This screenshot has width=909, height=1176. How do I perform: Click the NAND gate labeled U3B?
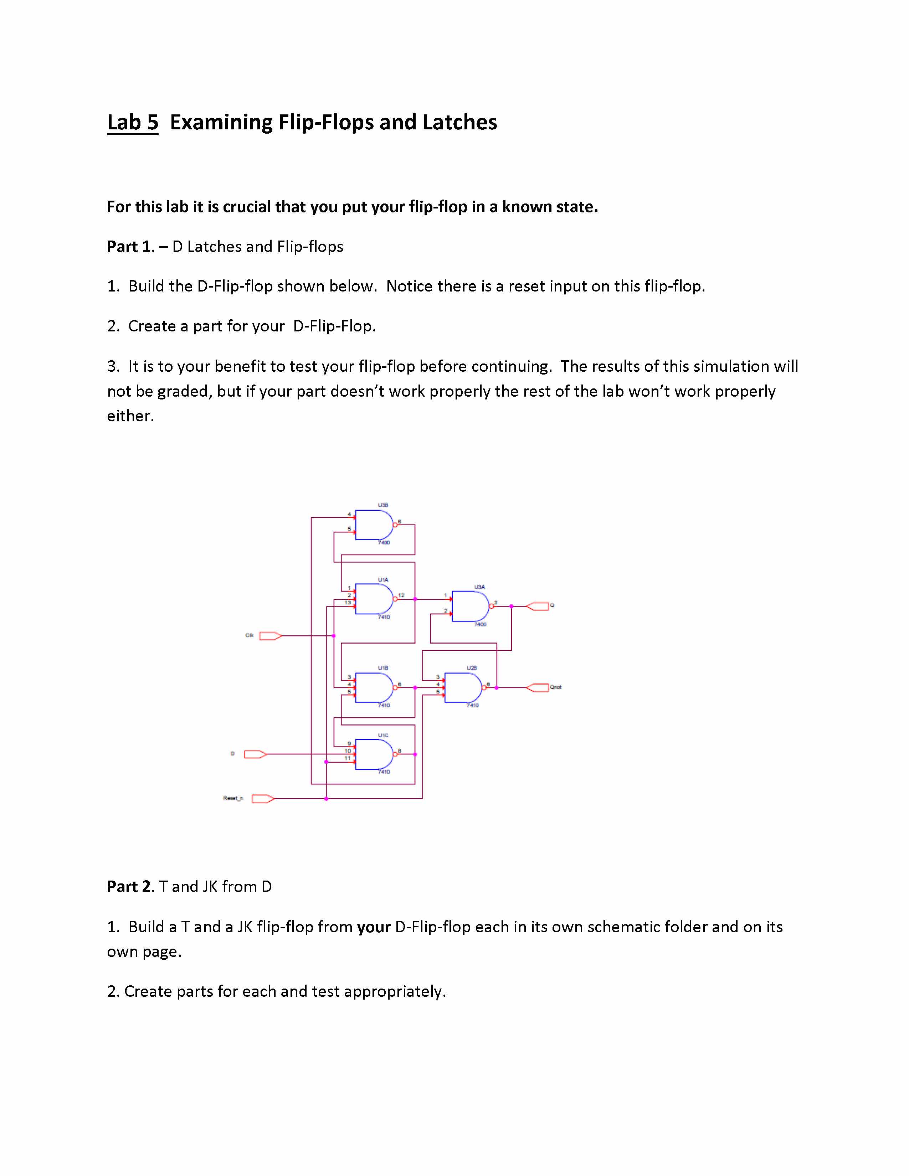click(374, 525)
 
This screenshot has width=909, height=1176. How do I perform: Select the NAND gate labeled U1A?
click(374, 599)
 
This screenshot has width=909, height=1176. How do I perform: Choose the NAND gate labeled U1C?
click(374, 754)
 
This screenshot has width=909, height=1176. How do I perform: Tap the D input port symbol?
click(255, 754)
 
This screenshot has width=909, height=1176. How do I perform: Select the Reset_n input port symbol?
click(263, 799)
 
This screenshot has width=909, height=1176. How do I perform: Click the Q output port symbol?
click(538, 606)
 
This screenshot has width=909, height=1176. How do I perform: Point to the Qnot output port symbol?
click(538, 688)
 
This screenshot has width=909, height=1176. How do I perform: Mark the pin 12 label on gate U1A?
click(401, 595)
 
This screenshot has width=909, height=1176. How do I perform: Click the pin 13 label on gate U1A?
click(348, 603)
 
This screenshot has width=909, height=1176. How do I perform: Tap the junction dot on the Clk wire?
click(334, 636)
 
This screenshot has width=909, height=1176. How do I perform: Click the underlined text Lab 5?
click(133, 122)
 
